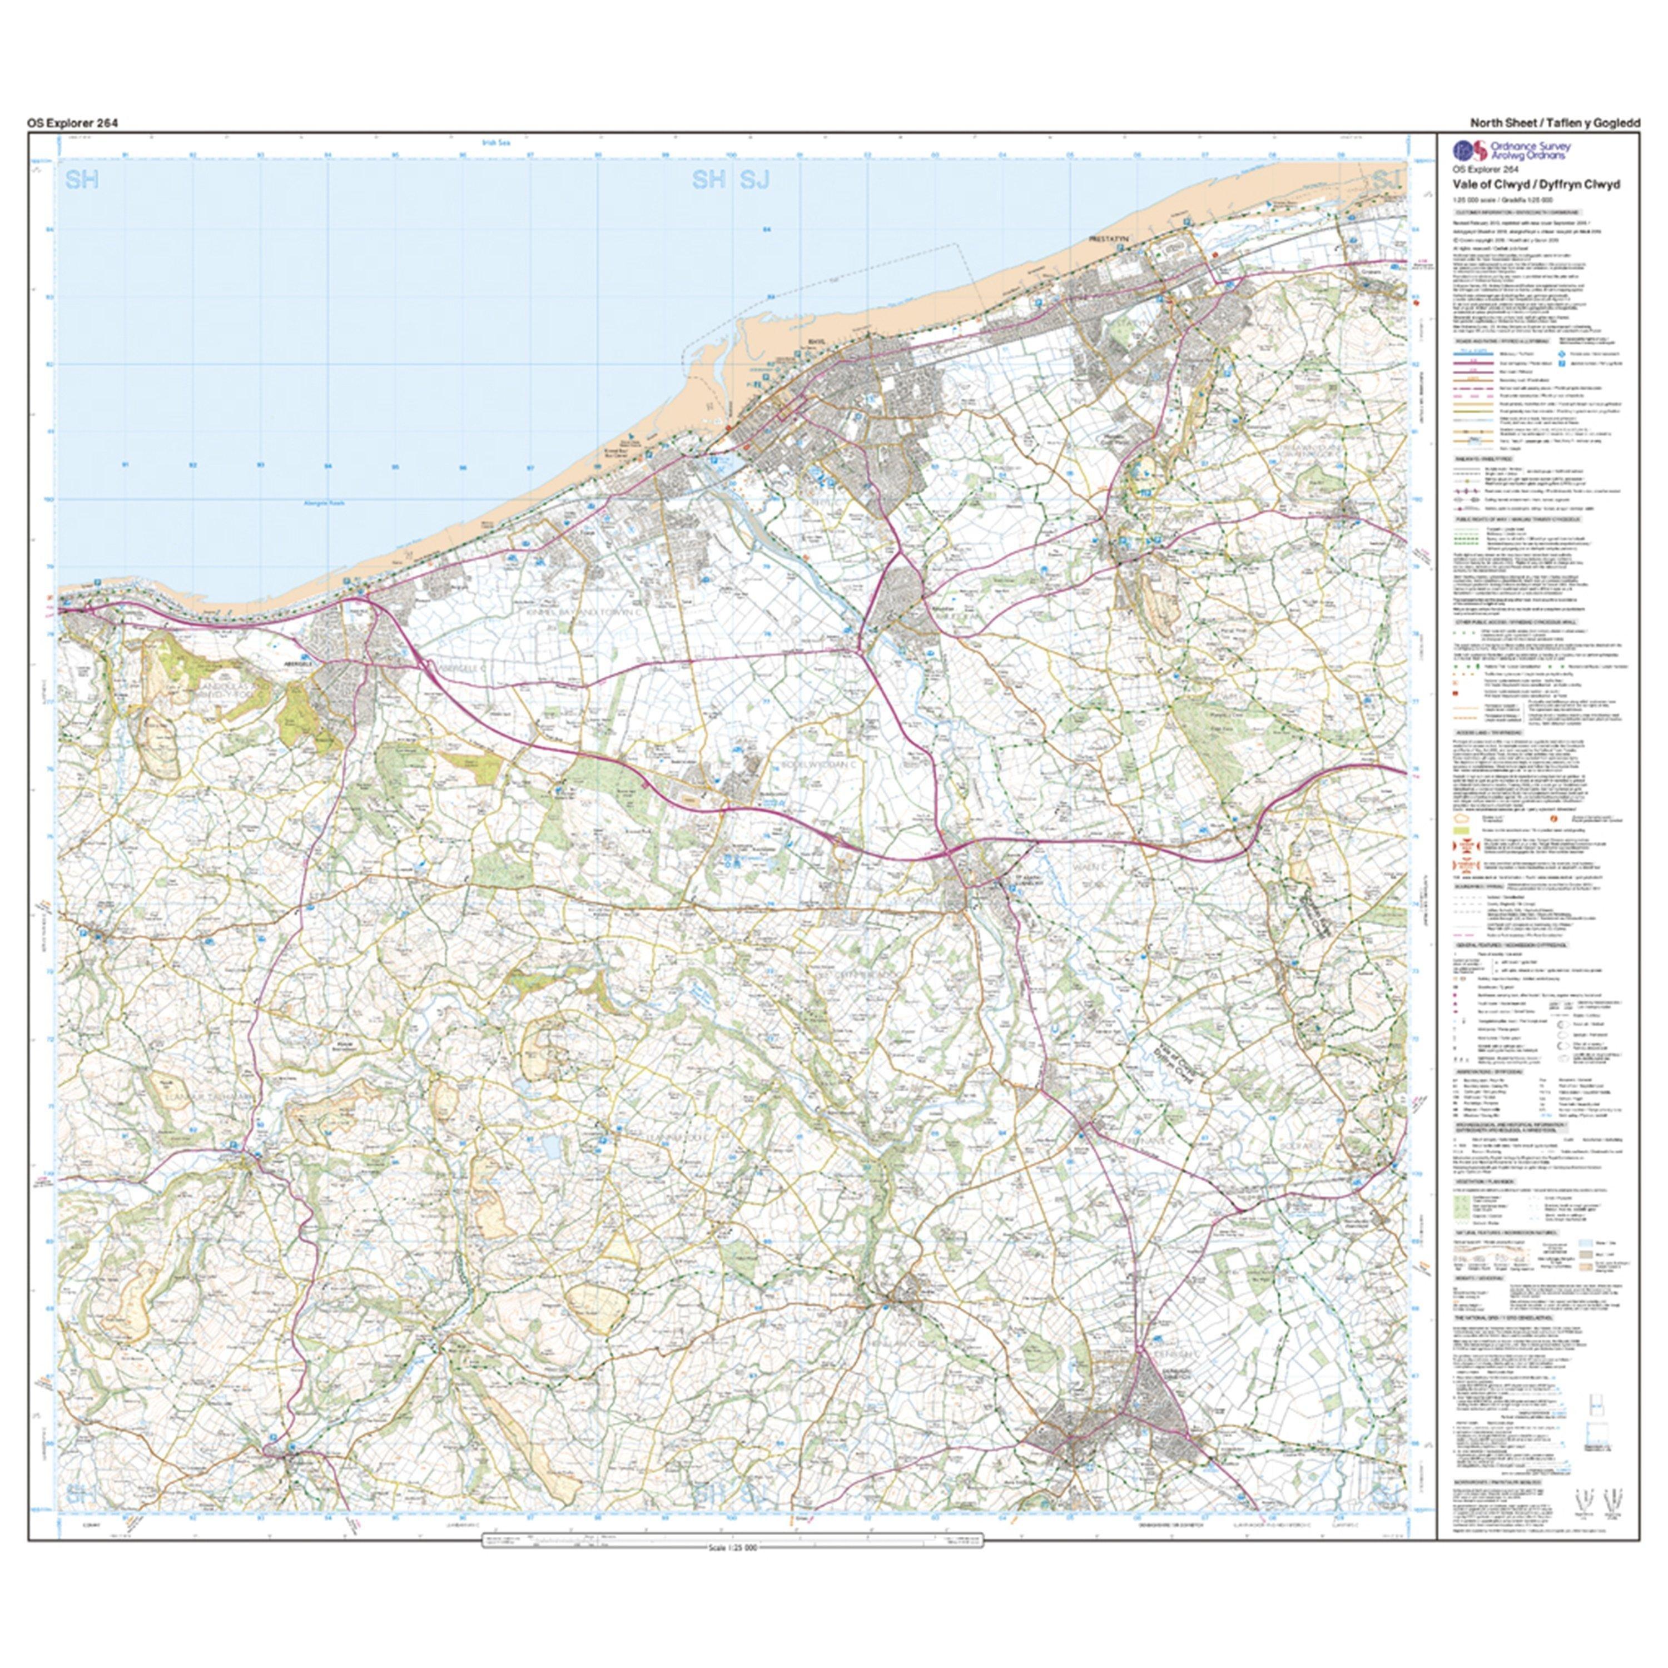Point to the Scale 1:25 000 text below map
click(x=732, y=1548)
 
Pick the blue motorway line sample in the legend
click(x=1468, y=353)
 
